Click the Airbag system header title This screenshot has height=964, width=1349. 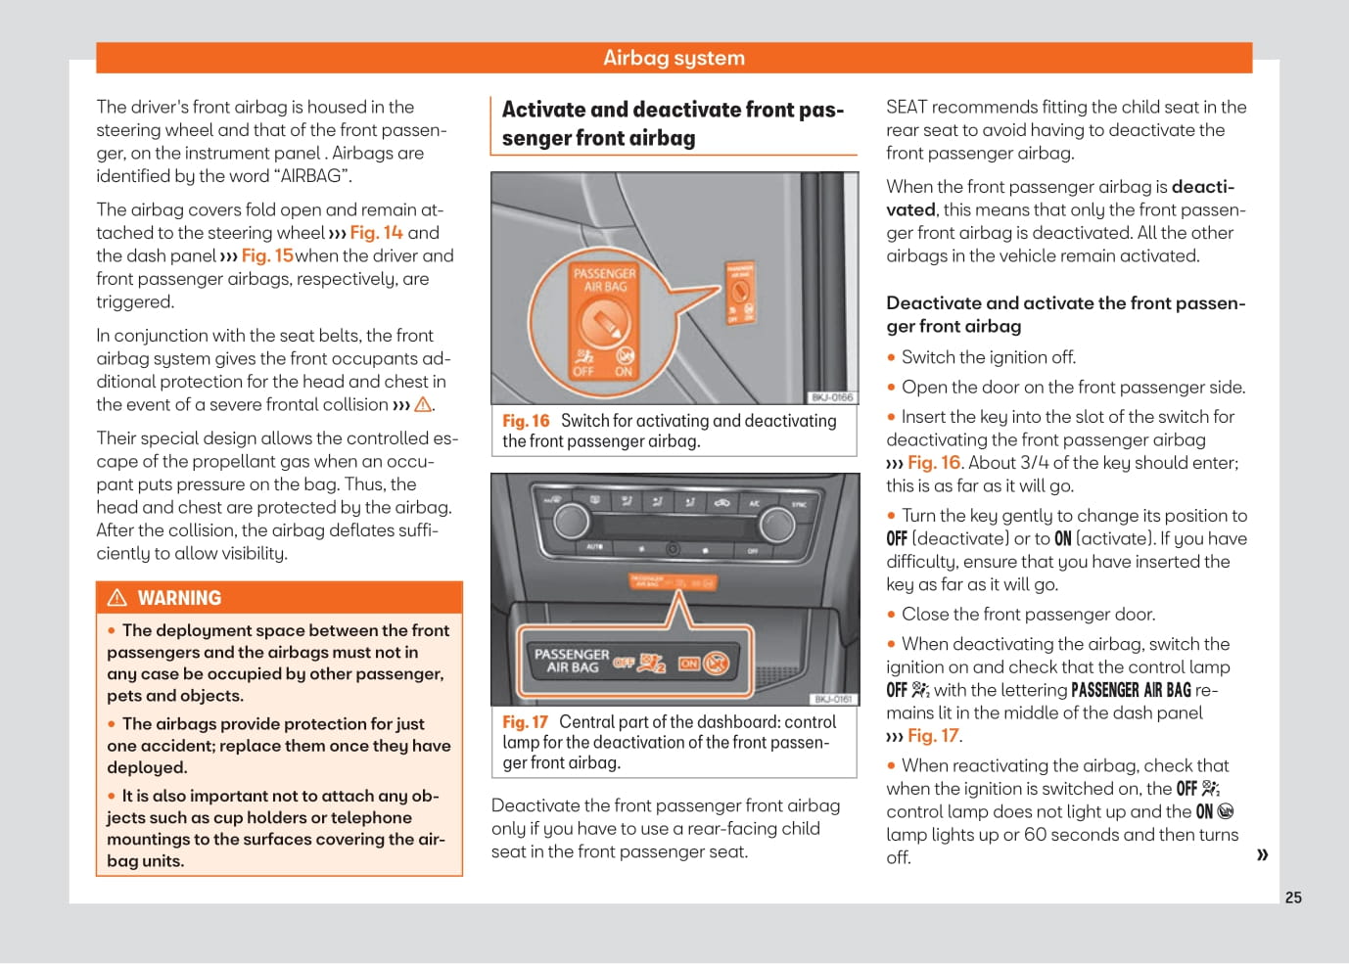[674, 58]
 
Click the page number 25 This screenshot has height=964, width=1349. [1293, 897]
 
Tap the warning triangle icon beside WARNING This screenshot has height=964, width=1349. [117, 598]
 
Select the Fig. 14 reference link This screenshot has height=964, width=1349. [376, 233]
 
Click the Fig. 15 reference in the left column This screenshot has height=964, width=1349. [267, 255]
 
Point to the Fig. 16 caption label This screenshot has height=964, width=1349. [526, 421]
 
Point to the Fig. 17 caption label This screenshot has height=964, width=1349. [525, 722]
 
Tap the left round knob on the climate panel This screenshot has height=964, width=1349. [572, 521]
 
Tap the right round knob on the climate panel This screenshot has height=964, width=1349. [777, 524]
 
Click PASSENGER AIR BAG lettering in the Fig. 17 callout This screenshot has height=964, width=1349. [572, 661]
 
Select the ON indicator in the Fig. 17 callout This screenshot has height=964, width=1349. [690, 664]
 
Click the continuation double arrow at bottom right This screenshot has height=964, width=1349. [1262, 855]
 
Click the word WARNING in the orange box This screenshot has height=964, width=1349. [179, 598]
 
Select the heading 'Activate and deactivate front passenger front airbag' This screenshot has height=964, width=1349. [673, 123]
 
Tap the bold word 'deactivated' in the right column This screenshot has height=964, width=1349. [1202, 187]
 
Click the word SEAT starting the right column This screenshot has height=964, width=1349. [907, 107]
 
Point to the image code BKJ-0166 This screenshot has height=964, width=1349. [832, 397]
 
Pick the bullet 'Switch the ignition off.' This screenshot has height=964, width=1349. [988, 357]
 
